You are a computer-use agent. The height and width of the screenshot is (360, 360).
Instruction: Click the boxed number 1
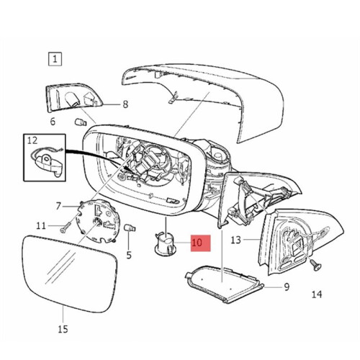click(x=55, y=59)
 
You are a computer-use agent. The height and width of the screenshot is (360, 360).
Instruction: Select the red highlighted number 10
click(x=197, y=243)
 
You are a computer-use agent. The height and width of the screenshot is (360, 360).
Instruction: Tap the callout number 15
click(x=63, y=329)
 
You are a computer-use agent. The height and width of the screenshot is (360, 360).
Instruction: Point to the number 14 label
click(x=317, y=294)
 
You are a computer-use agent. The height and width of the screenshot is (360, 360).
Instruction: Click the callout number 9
click(x=287, y=287)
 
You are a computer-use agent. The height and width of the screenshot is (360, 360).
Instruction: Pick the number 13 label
click(x=235, y=240)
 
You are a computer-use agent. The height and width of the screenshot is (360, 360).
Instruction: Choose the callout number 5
click(x=129, y=255)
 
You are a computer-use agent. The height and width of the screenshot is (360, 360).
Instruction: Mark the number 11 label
click(x=41, y=226)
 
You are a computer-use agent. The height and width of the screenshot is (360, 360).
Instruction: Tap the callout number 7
click(x=58, y=206)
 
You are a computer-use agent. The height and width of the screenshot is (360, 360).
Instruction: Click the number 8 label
click(x=125, y=104)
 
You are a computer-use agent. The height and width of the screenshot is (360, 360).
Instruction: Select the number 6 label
click(x=53, y=122)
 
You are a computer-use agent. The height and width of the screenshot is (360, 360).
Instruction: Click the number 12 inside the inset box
click(x=32, y=140)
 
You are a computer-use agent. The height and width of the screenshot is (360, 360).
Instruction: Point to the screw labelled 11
click(x=66, y=227)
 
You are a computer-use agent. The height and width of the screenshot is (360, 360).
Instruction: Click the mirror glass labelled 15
click(x=70, y=274)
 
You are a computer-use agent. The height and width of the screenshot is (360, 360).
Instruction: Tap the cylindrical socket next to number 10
click(x=166, y=243)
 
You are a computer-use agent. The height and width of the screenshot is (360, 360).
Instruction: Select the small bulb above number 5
click(x=130, y=228)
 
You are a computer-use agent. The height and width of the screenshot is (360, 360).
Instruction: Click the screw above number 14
click(x=316, y=264)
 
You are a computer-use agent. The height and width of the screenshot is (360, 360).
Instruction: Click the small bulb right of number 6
click(x=80, y=122)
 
